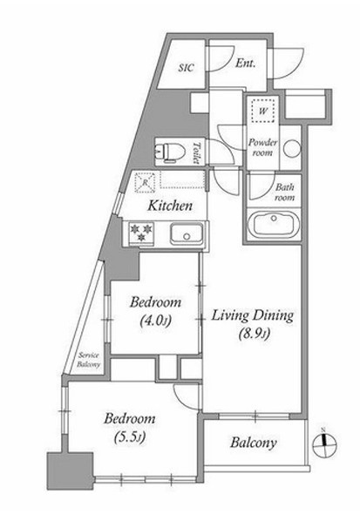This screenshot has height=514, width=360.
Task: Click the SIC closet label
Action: pos(187,68)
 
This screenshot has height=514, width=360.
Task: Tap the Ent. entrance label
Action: pos(245,63)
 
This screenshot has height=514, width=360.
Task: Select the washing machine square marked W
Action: pos(263,110)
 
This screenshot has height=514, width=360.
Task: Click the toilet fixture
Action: pos(170,151)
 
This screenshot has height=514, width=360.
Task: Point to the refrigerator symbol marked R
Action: pos(146,181)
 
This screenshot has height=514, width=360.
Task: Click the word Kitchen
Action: pos(170,206)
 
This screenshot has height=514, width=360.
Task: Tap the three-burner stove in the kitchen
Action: pos(141,232)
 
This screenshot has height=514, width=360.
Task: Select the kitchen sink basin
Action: pos(187,233)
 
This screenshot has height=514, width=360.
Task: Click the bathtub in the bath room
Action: pos(273,225)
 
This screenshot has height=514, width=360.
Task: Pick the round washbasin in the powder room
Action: pos(292,148)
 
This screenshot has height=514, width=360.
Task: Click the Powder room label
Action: pos(262,147)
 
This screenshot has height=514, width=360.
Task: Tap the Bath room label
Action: pos(284,192)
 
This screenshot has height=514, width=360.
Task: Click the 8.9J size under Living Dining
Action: pos(254,335)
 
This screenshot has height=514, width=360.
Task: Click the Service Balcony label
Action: pos(89,360)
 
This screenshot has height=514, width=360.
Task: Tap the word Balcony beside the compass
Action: pos(254,443)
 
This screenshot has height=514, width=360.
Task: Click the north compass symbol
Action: pos(324,445)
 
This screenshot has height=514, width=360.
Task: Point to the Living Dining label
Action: pos(252,316)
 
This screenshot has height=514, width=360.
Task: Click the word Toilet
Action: pos(196,152)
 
